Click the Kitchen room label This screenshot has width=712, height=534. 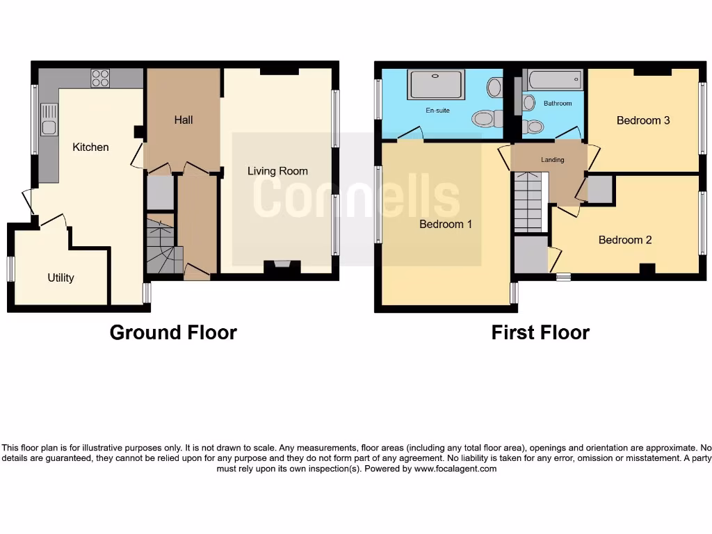point(90,147)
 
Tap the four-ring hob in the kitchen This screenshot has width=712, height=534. point(100,78)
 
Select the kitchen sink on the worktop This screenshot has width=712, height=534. point(49,119)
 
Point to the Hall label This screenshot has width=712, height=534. point(184,120)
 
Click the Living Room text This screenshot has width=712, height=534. point(277,171)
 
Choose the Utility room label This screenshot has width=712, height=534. point(60,278)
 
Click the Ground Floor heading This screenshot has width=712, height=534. point(173,333)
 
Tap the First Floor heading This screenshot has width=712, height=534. point(540,333)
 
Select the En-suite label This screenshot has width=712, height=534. point(438,110)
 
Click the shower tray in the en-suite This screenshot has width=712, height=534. point(436,85)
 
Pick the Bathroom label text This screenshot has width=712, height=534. point(558,104)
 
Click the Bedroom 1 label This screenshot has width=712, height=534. point(446,225)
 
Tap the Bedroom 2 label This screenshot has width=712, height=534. point(625,240)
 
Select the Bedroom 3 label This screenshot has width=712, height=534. point(643,120)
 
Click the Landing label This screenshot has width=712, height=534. point(553,160)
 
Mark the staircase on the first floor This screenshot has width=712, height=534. point(528,202)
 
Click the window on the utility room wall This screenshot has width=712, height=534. point(10,269)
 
